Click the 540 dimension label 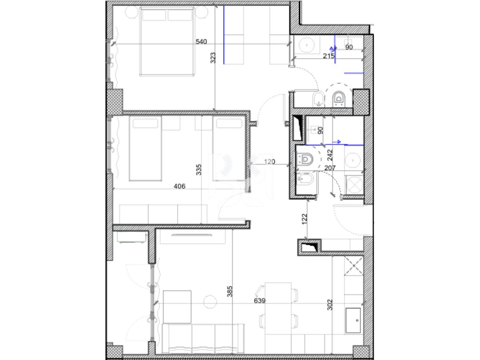[201, 42]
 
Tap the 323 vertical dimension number [213, 58]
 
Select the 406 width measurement [180, 186]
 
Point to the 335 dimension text [199, 170]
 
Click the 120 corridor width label [270, 162]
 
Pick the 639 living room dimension [260, 300]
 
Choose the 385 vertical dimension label [230, 292]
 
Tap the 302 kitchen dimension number [330, 305]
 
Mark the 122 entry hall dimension [304, 219]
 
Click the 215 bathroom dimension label [329, 56]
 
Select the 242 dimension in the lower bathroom [330, 155]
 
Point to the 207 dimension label [330, 168]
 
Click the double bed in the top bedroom [167, 42]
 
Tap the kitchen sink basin [353, 321]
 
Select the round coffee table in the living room [210, 302]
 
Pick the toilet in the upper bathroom [338, 98]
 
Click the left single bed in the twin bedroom [145, 149]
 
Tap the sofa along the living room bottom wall [203, 338]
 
